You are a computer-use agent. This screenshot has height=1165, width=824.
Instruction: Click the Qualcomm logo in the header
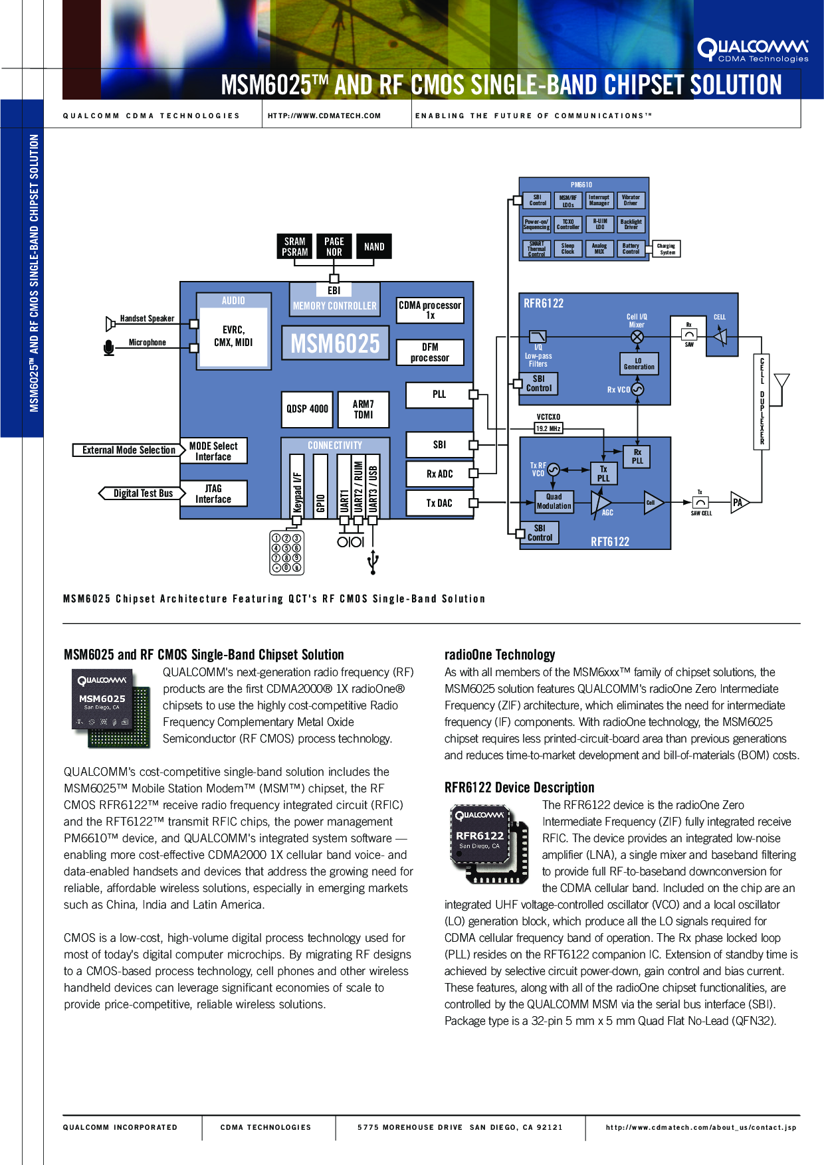click(x=753, y=50)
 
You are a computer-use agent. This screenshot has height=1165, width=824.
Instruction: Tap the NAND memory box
click(x=374, y=246)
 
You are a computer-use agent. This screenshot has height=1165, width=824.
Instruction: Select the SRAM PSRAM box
click(x=294, y=246)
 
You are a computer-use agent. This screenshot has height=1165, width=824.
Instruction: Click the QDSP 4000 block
click(x=307, y=409)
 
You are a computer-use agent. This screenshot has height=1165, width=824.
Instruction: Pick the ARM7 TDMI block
click(x=363, y=409)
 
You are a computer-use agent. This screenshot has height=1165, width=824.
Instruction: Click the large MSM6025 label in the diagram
click(x=335, y=343)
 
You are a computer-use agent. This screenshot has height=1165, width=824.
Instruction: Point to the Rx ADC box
click(x=439, y=474)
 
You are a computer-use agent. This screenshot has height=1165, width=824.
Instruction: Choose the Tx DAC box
click(x=439, y=503)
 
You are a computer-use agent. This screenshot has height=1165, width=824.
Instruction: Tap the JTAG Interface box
click(x=213, y=493)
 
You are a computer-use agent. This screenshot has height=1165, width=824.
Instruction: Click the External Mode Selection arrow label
click(x=129, y=450)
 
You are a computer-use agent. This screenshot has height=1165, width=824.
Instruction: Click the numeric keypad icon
click(x=286, y=552)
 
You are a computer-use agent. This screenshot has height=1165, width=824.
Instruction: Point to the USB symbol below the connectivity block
click(x=373, y=561)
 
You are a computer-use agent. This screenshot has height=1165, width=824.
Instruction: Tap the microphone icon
click(x=109, y=347)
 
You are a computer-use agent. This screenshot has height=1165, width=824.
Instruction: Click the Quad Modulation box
click(x=554, y=501)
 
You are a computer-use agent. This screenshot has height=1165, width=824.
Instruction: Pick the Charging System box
click(x=667, y=249)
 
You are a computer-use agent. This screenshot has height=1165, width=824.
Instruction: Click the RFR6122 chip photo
click(x=488, y=842)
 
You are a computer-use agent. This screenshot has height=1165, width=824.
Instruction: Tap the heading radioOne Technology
click(x=500, y=655)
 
